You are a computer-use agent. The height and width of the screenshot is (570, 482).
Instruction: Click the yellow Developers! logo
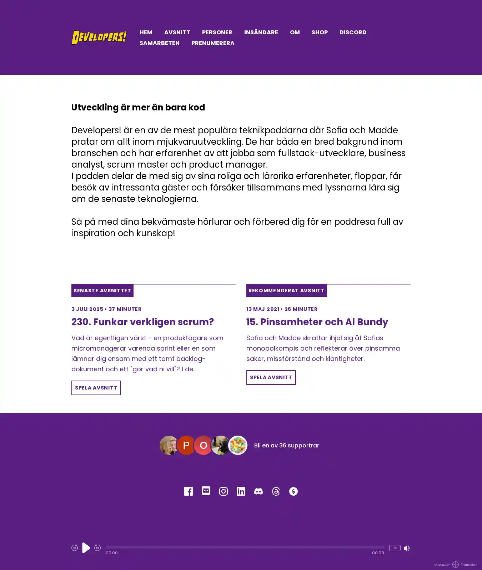pyautogui.click(x=99, y=37)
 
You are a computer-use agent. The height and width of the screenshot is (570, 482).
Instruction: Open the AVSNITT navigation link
pyautogui.click(x=177, y=32)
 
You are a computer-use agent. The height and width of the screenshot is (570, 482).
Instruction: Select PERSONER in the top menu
pyautogui.click(x=217, y=32)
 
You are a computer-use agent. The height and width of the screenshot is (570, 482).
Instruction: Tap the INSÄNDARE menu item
pyautogui.click(x=261, y=32)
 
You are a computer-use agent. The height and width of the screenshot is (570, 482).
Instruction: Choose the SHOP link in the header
pyautogui.click(x=320, y=32)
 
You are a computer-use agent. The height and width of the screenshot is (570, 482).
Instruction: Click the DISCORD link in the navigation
pyautogui.click(x=353, y=32)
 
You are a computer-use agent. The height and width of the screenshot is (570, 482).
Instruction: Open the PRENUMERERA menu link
pyautogui.click(x=213, y=43)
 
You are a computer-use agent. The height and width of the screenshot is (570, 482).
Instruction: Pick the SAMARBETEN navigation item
pyautogui.click(x=160, y=43)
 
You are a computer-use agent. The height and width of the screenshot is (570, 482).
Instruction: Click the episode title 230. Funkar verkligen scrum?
pyautogui.click(x=142, y=322)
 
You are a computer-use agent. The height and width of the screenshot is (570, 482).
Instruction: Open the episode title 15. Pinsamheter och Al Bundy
pyautogui.click(x=317, y=322)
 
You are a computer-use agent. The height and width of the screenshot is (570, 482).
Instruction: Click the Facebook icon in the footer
pyautogui.click(x=189, y=491)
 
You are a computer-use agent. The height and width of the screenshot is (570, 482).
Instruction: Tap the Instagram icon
pyautogui.click(x=224, y=491)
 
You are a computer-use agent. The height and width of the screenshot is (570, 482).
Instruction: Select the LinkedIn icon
pyautogui.click(x=241, y=491)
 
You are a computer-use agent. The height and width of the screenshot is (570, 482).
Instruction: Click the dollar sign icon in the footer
pyautogui.click(x=293, y=491)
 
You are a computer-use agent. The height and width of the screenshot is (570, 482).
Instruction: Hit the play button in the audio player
pyautogui.click(x=86, y=547)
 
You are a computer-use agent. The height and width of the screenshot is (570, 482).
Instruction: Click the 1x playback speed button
pyautogui.click(x=395, y=548)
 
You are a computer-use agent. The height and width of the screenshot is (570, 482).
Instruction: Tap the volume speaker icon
pyautogui.click(x=407, y=548)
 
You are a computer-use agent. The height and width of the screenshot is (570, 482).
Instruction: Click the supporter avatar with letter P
pyautogui.click(x=186, y=445)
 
